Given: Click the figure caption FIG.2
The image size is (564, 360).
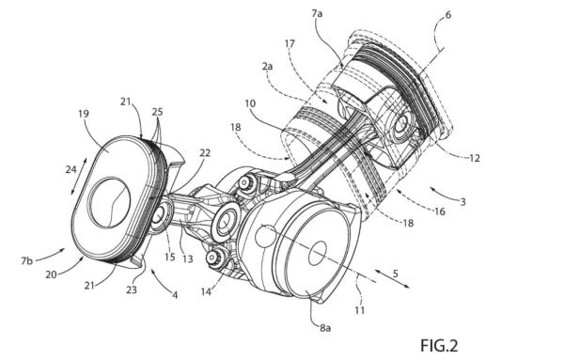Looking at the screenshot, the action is click(439, 346).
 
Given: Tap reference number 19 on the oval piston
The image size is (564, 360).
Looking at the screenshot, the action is click(84, 114).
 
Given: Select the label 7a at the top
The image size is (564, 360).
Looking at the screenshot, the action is click(317, 14).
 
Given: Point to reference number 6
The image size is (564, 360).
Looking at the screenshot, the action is click(447, 15).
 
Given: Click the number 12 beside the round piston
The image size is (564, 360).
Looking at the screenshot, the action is click(475, 158).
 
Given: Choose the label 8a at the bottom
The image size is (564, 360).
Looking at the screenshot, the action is click(325, 328).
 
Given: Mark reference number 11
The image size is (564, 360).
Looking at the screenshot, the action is click(360, 310).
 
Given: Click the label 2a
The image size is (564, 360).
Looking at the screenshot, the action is click(267, 66).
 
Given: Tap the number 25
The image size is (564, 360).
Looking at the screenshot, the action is click(157, 112).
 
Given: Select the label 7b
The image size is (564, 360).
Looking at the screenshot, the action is click(26, 260).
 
